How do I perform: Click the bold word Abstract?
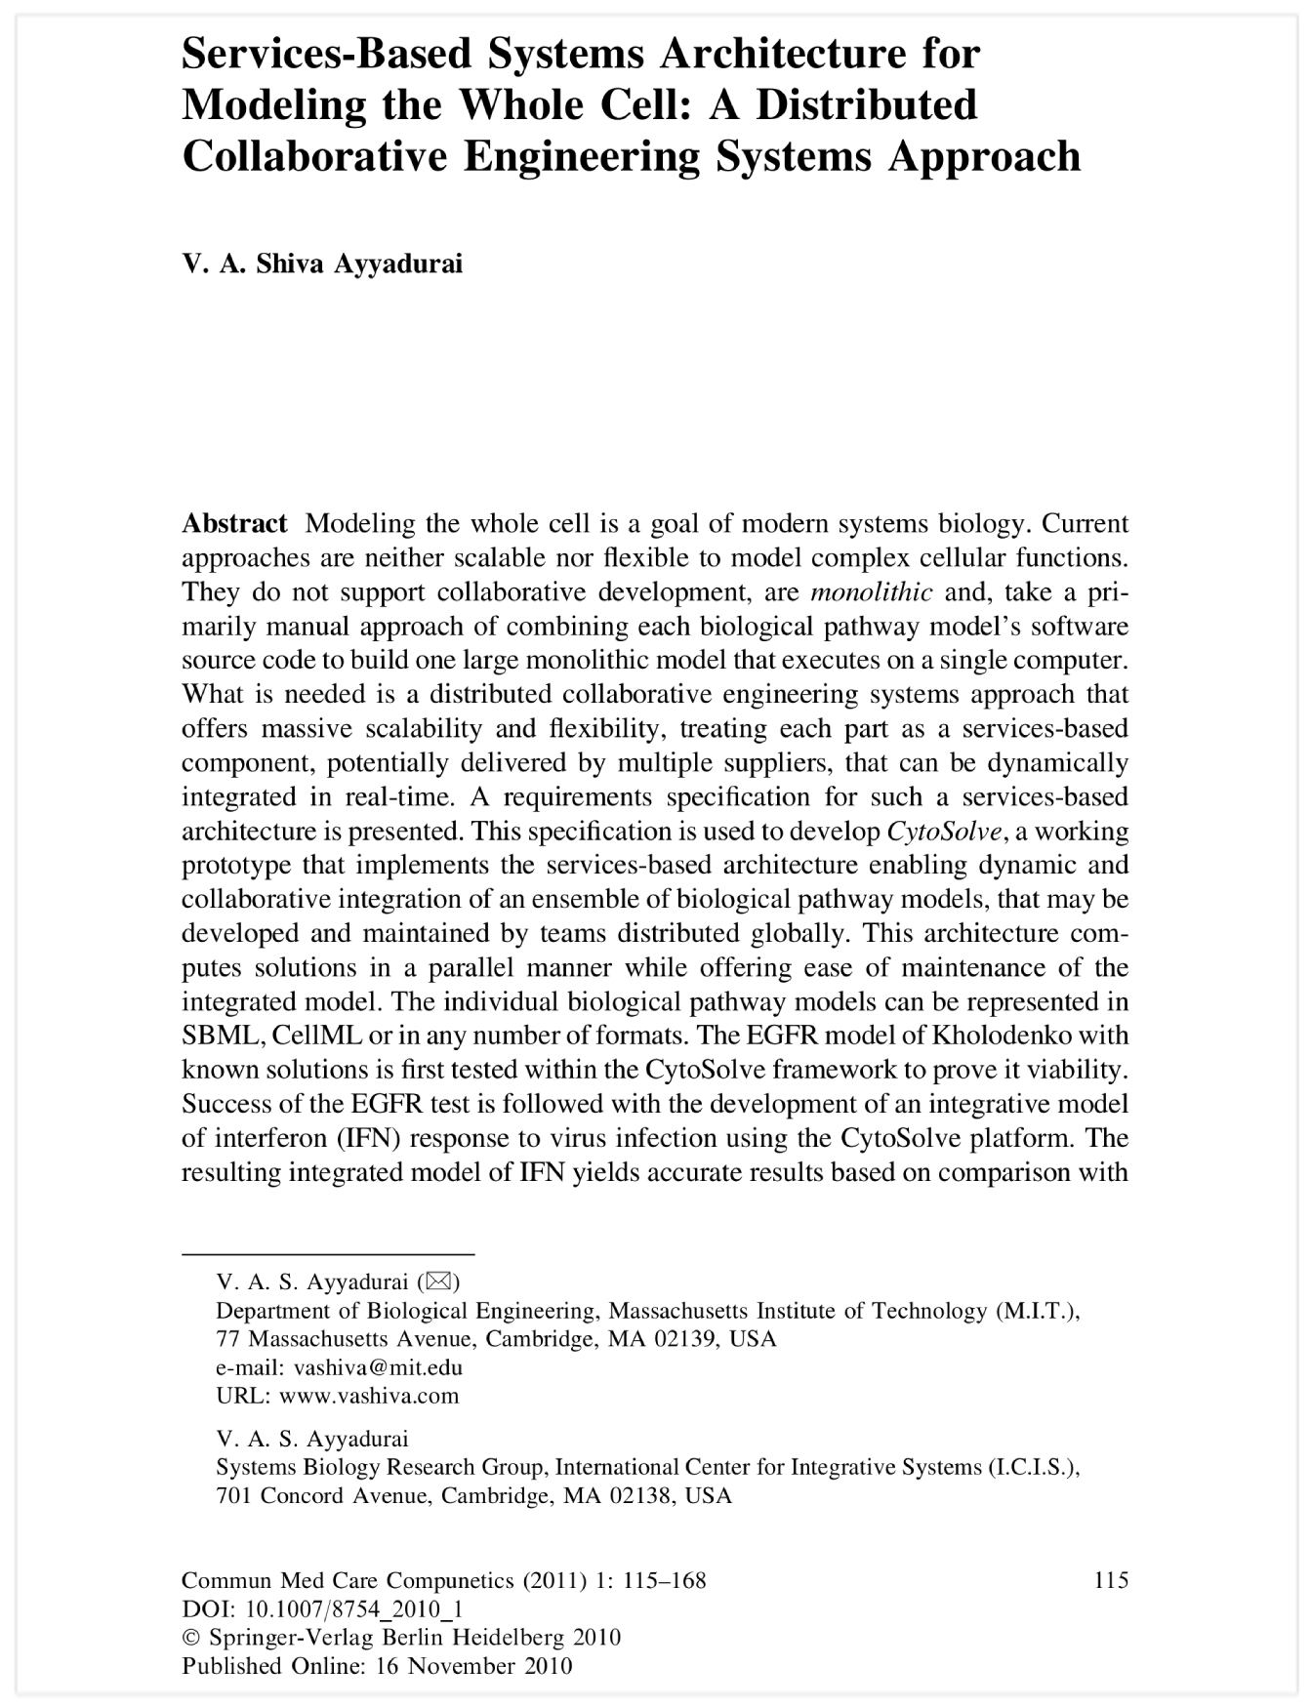[x=234, y=524]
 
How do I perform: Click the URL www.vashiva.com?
[x=369, y=1396]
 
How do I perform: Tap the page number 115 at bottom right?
[x=1111, y=1580]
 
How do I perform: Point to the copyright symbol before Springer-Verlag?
[x=191, y=1638]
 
